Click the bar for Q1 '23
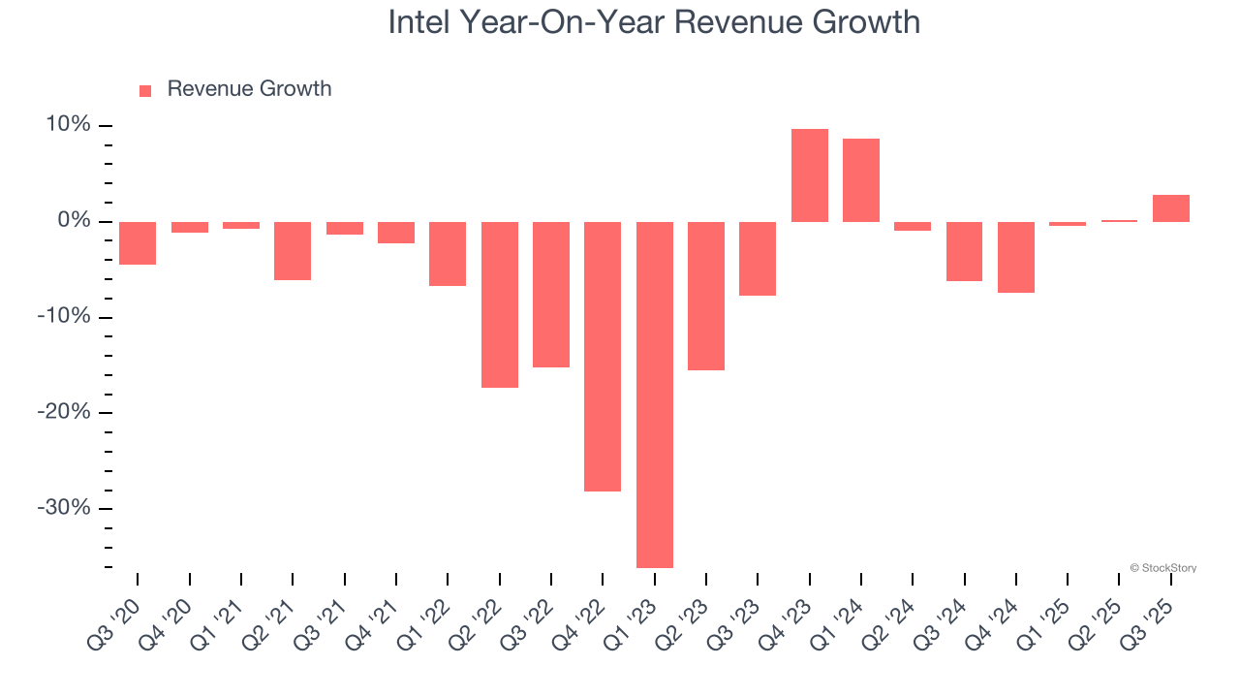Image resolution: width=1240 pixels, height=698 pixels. click(655, 395)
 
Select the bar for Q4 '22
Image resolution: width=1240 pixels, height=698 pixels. click(603, 356)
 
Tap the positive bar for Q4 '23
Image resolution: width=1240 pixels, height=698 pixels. click(810, 175)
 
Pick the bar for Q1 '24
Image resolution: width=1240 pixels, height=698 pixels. click(861, 180)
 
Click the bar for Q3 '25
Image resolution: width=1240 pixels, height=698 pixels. click(1171, 208)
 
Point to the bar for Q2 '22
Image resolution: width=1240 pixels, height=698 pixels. click(500, 304)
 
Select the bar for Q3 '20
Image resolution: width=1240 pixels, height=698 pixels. click(138, 243)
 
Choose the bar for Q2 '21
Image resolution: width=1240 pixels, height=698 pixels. click(293, 251)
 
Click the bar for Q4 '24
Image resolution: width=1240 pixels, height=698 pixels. click(1016, 257)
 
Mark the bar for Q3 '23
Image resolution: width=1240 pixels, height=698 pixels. click(758, 259)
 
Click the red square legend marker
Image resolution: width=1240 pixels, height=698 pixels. click(145, 90)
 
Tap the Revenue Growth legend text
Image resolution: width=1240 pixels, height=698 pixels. click(249, 89)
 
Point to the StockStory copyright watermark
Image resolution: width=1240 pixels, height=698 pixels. click(1162, 568)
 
